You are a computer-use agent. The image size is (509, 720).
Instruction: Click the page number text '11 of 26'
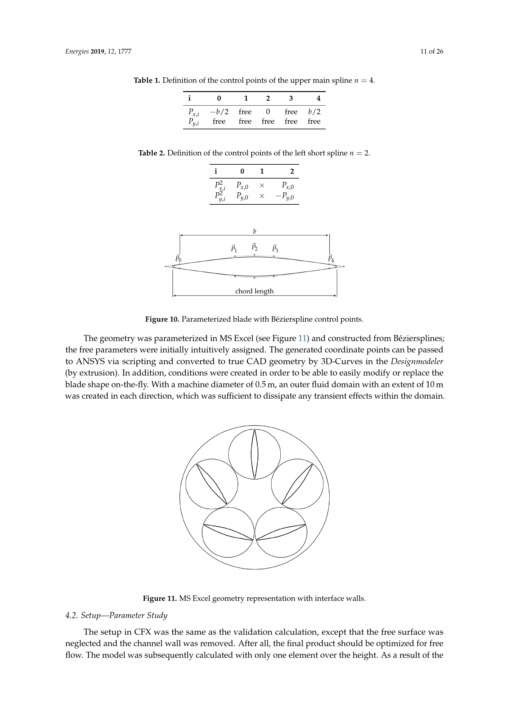pos(431,52)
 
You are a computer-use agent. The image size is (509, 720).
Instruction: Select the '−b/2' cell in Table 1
pos(219,112)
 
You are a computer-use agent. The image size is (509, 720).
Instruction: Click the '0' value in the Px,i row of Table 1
pos(268,112)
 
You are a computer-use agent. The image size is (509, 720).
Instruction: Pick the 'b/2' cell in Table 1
pos(314,112)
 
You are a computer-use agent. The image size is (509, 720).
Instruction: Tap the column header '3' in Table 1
pos(291,99)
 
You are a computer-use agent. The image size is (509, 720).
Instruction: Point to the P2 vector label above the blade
pos(254,247)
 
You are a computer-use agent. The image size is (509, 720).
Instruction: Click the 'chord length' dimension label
pos(254,291)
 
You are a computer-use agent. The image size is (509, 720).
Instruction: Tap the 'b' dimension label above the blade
pos(254,231)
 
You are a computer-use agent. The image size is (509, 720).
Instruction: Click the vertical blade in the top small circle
pos(254,454)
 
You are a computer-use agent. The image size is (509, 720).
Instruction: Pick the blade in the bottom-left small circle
pos(228,532)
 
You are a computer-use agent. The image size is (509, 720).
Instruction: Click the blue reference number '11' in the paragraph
pos(302,338)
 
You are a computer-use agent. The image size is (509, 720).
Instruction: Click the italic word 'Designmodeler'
pos(417,361)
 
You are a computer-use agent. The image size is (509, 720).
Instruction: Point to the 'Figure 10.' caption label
pos(162,319)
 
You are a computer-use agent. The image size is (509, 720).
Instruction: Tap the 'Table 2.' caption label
pos(151,153)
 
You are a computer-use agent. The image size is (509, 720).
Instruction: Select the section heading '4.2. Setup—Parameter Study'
pos(116,615)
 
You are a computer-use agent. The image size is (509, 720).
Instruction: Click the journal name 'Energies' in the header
pos(77,52)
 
